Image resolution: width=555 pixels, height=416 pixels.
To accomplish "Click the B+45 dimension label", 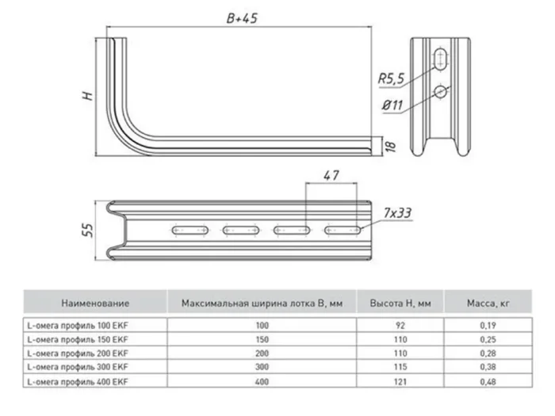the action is (242, 18).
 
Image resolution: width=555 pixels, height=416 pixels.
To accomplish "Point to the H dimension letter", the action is (88, 96).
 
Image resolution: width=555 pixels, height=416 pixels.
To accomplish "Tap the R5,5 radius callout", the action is (391, 78).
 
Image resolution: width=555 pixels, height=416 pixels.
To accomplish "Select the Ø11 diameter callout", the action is (392, 105).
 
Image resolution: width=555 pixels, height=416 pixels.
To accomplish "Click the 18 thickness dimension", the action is (390, 145).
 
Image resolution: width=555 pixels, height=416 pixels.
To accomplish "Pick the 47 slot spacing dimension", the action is (331, 175).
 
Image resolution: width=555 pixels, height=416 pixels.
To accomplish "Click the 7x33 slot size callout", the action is (397, 213).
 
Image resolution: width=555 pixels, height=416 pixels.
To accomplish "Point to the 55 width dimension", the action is (88, 231).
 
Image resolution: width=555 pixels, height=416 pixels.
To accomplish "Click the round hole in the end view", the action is (440, 92).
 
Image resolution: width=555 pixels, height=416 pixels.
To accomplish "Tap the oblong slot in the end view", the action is (441, 59).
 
